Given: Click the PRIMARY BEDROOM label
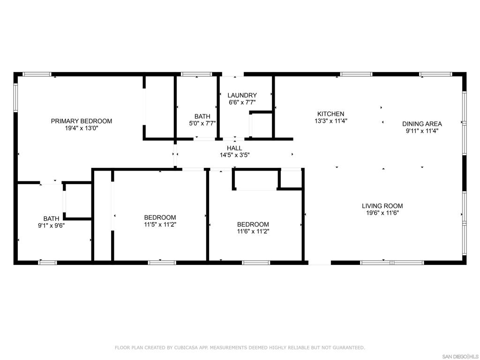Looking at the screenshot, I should click(x=82, y=121).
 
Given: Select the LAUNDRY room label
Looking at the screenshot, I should click(x=242, y=95).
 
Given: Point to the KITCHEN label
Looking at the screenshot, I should click(x=330, y=114).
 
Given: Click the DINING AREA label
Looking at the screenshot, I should click(x=422, y=124).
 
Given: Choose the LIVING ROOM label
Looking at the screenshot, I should click(x=382, y=206).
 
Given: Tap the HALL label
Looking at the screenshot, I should click(x=234, y=148).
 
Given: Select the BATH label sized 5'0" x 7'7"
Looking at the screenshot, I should click(x=202, y=116).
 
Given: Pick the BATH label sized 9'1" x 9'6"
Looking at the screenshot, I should click(x=51, y=218).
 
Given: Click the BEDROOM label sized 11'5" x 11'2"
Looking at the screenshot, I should click(x=160, y=217).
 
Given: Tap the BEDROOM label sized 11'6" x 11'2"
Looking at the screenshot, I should click(x=253, y=225).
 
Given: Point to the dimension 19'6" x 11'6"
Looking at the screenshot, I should click(x=382, y=212).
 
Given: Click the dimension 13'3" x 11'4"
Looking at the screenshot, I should click(x=330, y=120).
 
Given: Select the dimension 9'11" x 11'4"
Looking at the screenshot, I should click(x=422, y=131).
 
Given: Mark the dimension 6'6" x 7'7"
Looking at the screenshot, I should click(x=242, y=102).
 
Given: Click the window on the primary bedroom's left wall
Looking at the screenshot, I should click(x=15, y=97).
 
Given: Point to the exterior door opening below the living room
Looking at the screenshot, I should click(x=320, y=262).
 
